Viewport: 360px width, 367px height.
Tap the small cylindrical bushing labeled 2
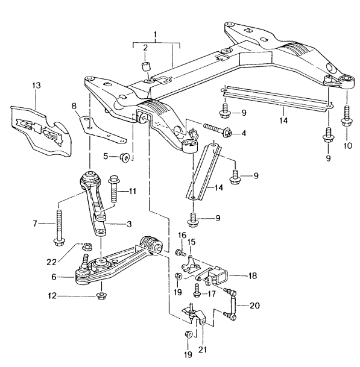(145, 66)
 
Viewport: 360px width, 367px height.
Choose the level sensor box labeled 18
(216, 278)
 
